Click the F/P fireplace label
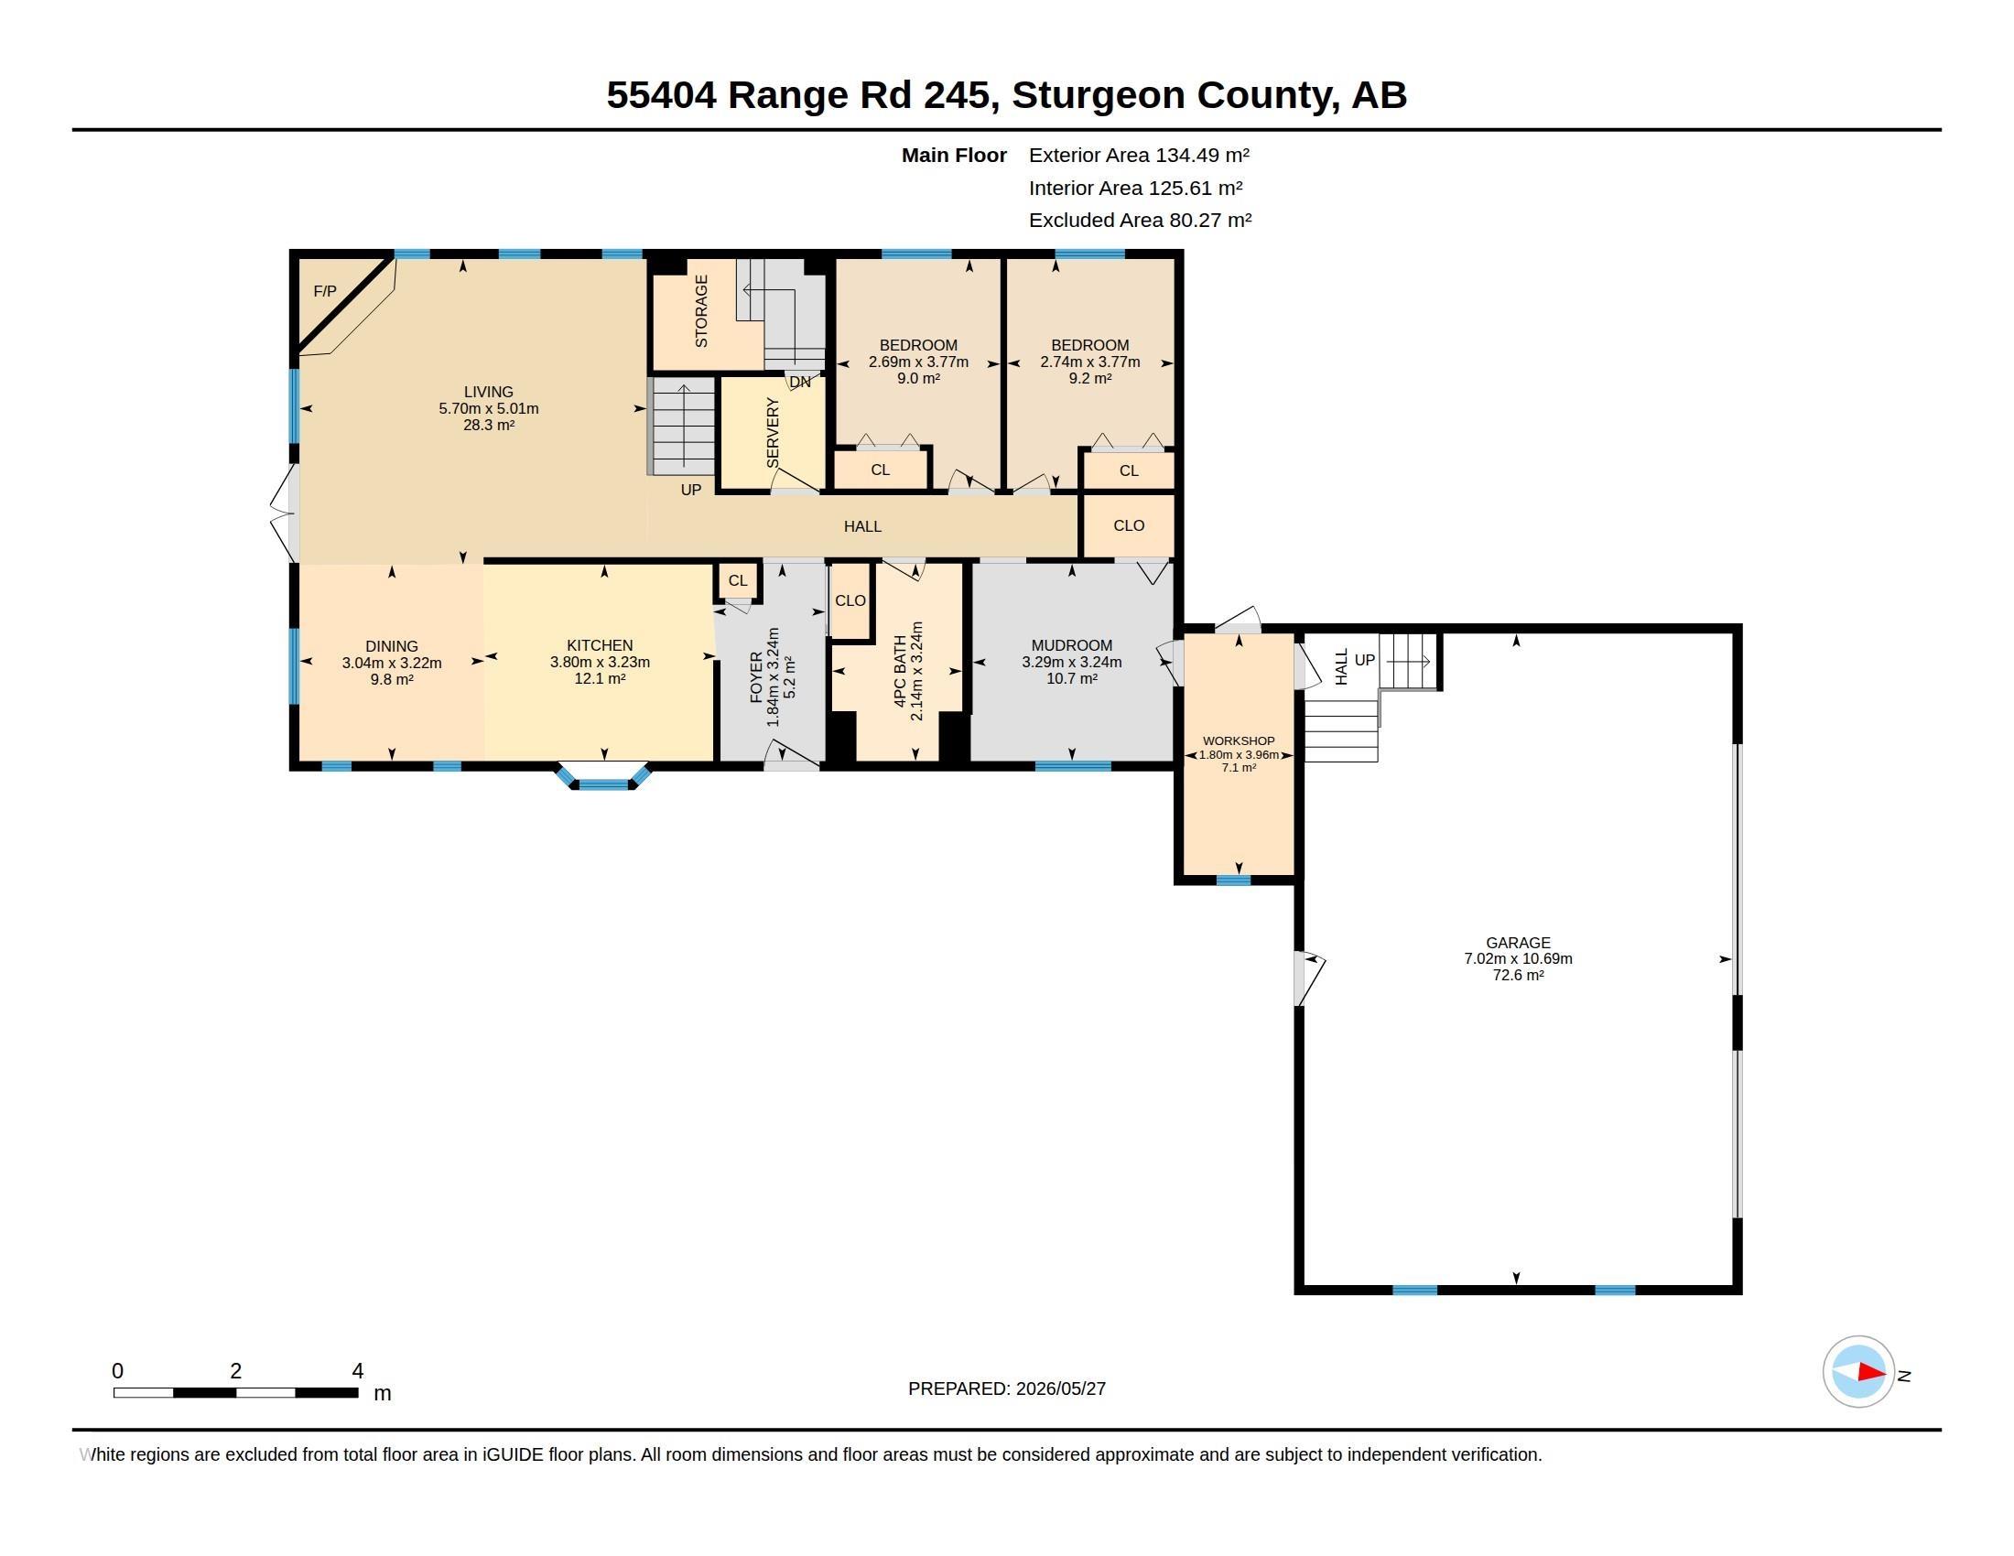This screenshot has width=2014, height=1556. pyautogui.click(x=325, y=291)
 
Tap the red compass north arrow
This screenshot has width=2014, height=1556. pyautogui.click(x=1871, y=1372)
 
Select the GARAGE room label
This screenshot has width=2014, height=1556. pyautogui.click(x=1518, y=942)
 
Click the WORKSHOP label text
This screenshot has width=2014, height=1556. pyautogui.click(x=1239, y=741)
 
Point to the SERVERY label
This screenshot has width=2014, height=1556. pyautogui.click(x=773, y=432)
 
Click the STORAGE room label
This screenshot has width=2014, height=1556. pyautogui.click(x=701, y=310)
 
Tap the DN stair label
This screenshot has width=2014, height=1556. pyautogui.click(x=799, y=382)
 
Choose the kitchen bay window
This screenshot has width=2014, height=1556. pyautogui.click(x=603, y=776)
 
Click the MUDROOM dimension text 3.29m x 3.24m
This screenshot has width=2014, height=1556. pyautogui.click(x=1072, y=662)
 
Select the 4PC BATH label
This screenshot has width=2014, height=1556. pyautogui.click(x=900, y=671)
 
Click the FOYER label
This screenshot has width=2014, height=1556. pyautogui.click(x=756, y=677)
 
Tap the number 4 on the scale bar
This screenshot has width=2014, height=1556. pyautogui.click(x=358, y=1371)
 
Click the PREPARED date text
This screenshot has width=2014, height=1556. pyautogui.click(x=1007, y=1389)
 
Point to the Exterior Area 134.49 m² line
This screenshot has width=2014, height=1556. pyautogui.click(x=1139, y=155)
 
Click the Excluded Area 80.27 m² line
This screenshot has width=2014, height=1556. pyautogui.click(x=1140, y=221)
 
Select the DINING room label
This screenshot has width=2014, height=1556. pyautogui.click(x=392, y=646)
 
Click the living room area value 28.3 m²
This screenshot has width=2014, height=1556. pyautogui.click(x=489, y=425)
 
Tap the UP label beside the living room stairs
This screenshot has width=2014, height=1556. pyautogui.click(x=690, y=490)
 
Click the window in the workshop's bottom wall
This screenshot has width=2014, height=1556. pyautogui.click(x=1234, y=881)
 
